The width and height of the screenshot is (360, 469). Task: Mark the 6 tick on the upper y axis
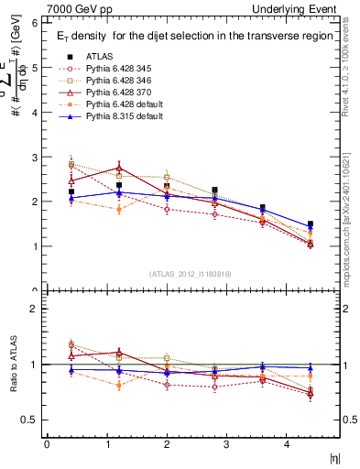pos(34,23)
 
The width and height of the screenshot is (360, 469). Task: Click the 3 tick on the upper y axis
pos(34,157)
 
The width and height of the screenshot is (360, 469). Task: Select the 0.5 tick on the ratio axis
pos(30,420)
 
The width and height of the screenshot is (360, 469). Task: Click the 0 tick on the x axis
pos(47,444)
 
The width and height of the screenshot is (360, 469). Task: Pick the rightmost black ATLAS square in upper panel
pos(311,224)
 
